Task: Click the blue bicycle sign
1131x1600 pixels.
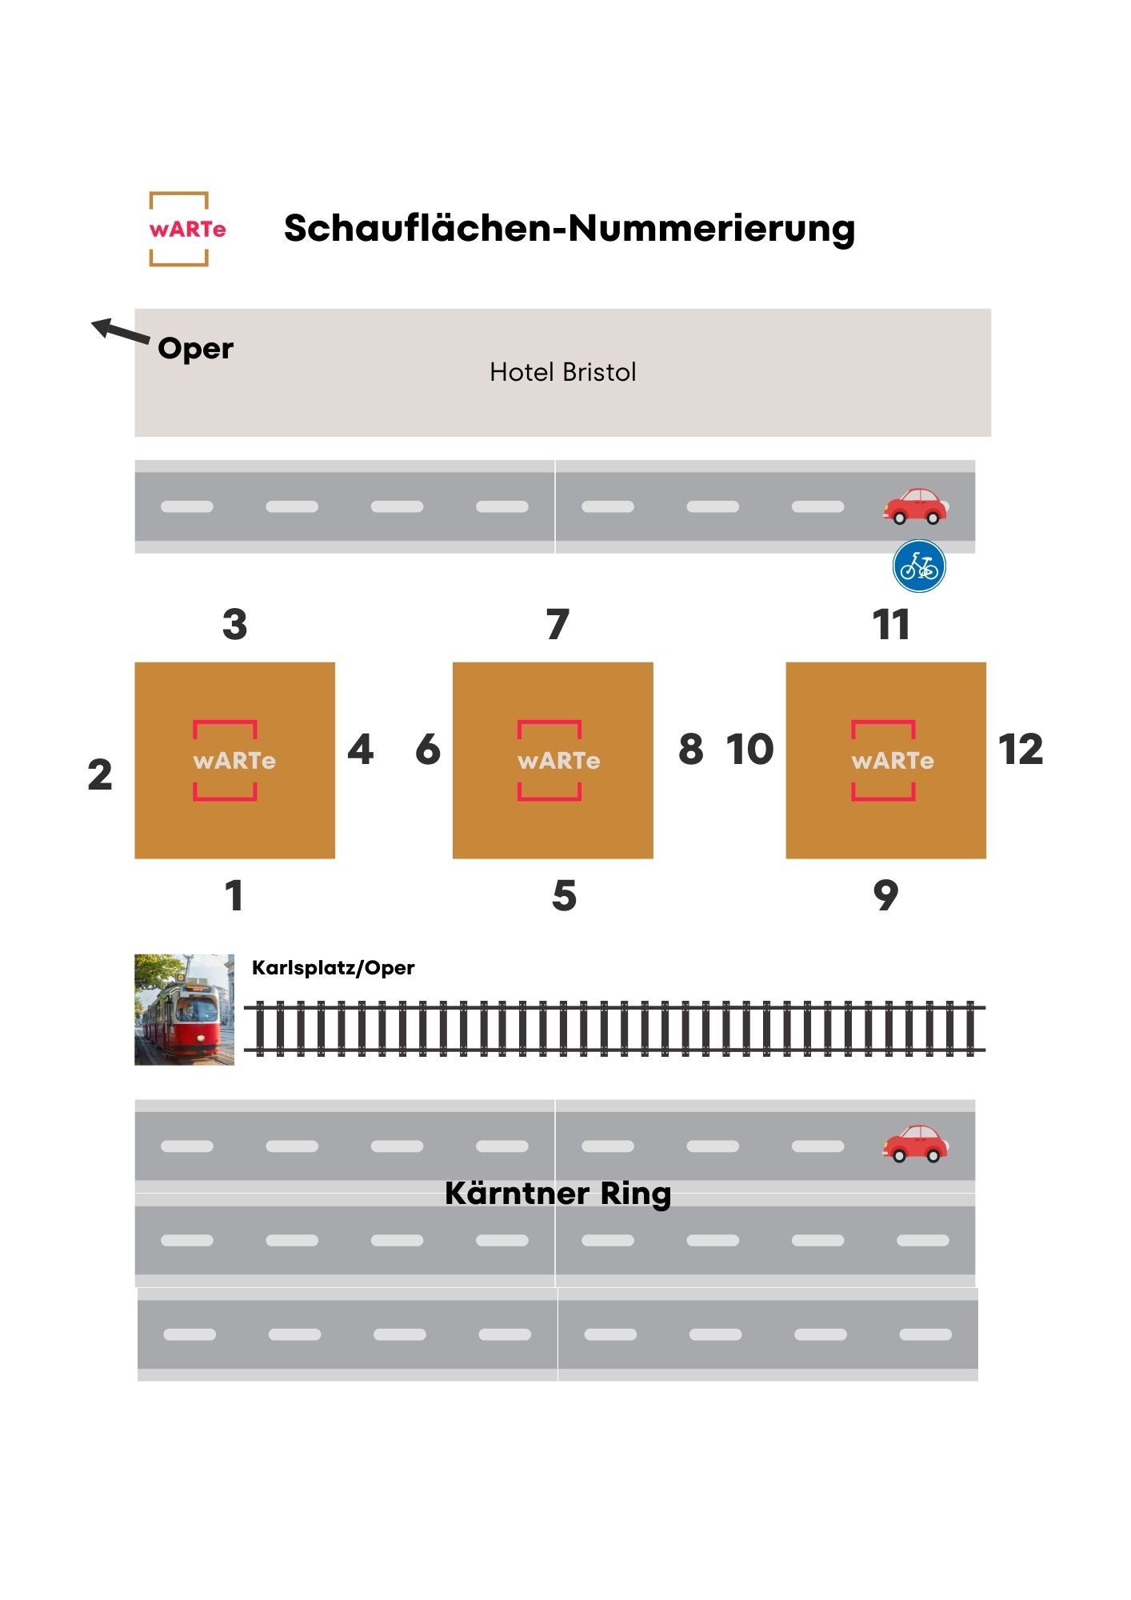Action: point(919,566)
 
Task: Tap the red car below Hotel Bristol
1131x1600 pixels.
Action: point(915,506)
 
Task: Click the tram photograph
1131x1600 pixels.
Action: point(185,1009)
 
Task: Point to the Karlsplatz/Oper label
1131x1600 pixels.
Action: point(333,968)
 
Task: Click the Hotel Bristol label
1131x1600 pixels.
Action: point(563,372)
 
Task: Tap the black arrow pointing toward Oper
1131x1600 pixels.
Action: point(121,330)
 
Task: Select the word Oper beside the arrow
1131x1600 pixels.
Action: point(196,350)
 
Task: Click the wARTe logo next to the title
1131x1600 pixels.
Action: point(179,229)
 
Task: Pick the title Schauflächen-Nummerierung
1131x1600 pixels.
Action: point(569,228)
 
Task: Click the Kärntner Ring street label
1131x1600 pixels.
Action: point(558,1194)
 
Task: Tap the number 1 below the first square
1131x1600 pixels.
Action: point(234,895)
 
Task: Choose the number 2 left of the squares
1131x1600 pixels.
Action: point(100,774)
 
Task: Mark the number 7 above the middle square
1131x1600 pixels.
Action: point(558,624)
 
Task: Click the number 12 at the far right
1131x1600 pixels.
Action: point(1021,750)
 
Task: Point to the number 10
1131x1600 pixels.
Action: point(749,750)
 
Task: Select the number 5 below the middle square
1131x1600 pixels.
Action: point(564,895)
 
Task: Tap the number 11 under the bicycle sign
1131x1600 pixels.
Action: point(891,624)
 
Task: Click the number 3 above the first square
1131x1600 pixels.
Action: point(235,624)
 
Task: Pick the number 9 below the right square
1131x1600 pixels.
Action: point(885,895)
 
